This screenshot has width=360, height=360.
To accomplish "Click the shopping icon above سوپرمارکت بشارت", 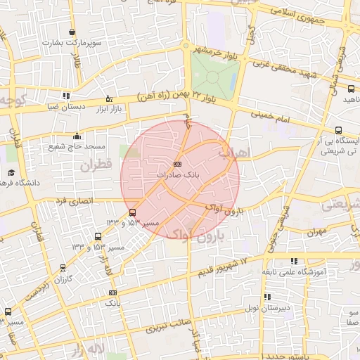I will [x=72, y=32].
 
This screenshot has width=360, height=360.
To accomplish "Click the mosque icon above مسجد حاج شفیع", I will [x=77, y=136].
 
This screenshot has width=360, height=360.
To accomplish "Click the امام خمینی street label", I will [x=271, y=120].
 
